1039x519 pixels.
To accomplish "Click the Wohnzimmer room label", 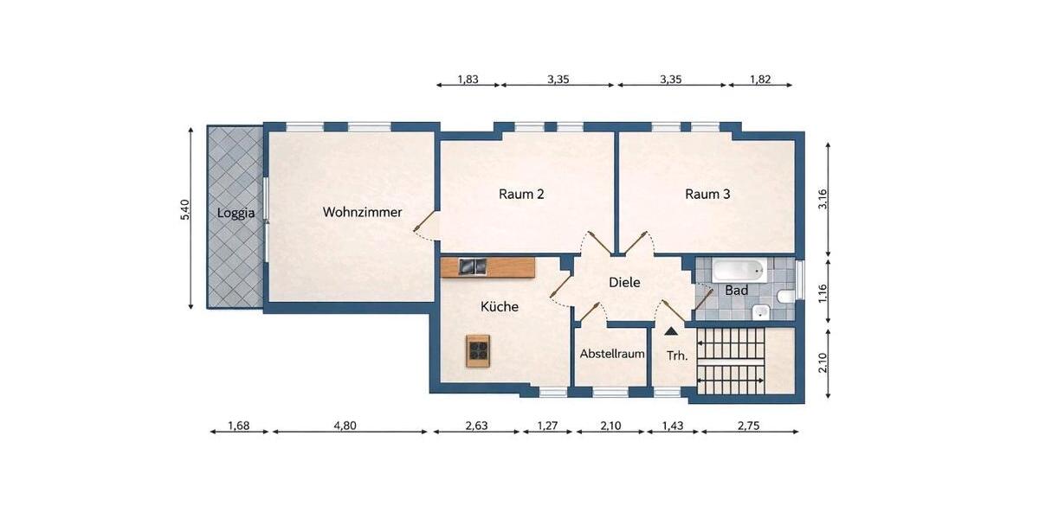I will point(362,212).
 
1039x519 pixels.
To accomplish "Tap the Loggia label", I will point(235,212).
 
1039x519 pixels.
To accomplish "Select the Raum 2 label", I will point(521,194).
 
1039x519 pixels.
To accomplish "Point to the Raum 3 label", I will point(707,194).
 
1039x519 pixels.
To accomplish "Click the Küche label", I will point(500,306).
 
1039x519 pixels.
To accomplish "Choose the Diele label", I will point(624,282).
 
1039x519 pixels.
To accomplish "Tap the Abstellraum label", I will point(612,354).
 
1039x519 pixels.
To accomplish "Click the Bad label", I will point(736,291).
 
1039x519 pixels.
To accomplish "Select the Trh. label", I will point(677,355).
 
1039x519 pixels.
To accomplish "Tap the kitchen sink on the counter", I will point(473,267).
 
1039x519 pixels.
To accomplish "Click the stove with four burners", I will point(479,349).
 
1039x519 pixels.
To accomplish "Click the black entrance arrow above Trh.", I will point(671,330).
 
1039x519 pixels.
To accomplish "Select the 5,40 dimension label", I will point(184,210).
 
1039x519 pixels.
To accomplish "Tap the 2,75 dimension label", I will point(750,425).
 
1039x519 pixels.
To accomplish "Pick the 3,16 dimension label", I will point(823,200).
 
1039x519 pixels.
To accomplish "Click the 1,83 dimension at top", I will point(468,80).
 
